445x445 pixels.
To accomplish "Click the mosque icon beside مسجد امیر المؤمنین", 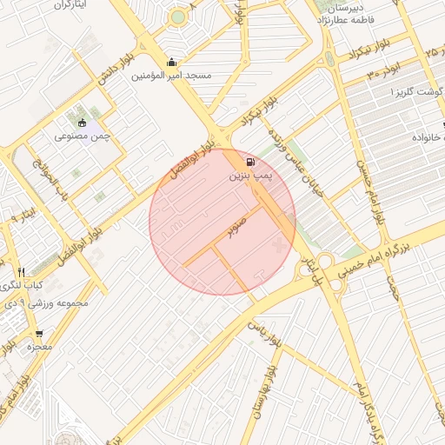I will pos(172,62).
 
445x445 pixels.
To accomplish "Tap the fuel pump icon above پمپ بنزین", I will pos(250,162).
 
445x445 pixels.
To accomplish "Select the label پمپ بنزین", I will pos(250,176).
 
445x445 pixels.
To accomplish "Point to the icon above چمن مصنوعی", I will pos(82,123).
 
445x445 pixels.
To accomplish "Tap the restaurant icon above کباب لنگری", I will pos(21,272).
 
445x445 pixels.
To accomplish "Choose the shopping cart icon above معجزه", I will pos(39,334).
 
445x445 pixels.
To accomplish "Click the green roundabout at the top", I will pos(178,17).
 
